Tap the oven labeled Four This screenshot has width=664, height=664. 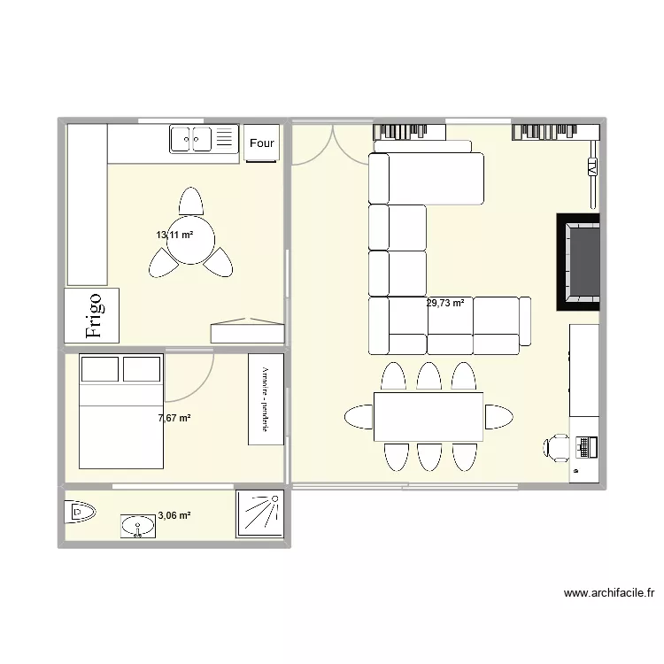[262, 143]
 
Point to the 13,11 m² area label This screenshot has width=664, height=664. [174, 235]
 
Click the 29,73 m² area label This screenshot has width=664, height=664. [445, 303]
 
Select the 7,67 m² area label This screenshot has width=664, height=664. [174, 418]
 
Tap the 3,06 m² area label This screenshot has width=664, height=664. [174, 515]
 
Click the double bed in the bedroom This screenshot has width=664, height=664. [121, 411]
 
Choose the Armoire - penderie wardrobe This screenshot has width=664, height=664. [266, 399]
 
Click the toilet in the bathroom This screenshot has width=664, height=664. [80, 512]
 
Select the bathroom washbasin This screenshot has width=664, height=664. [137, 527]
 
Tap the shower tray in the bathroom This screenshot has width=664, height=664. [259, 514]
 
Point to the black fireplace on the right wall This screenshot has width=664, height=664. [578, 262]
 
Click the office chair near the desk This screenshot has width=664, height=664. [556, 447]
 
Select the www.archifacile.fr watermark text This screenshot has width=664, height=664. [608, 594]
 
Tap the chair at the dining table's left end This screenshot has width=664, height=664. [358, 416]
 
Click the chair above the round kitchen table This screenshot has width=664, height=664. [190, 201]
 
